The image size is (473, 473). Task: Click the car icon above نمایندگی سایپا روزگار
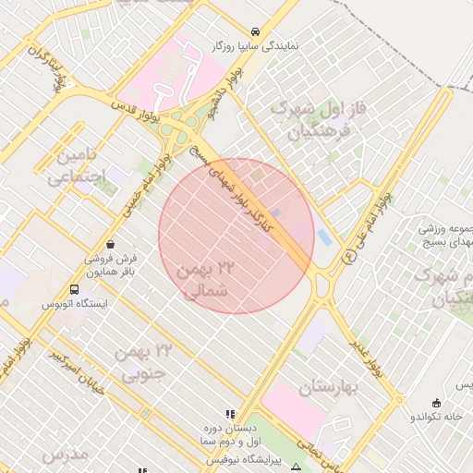click(255, 30)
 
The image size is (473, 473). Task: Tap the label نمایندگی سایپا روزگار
click(255, 45)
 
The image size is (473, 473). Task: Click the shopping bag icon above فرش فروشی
click(111, 245)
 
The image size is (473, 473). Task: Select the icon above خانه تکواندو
click(436, 402)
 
